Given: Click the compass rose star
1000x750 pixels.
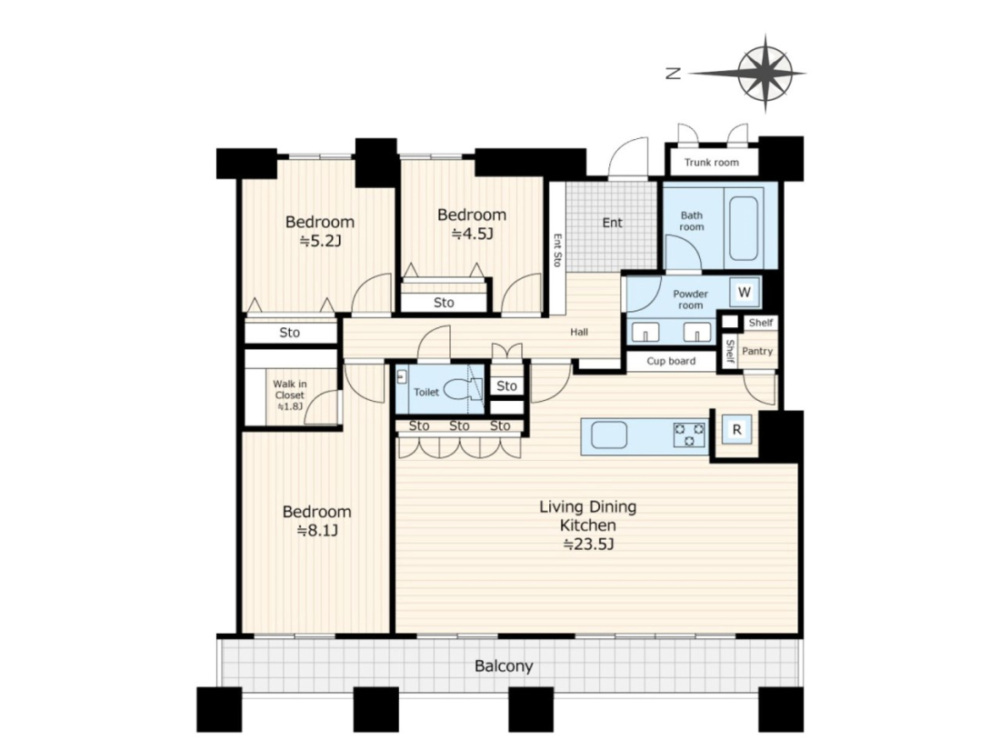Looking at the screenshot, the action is tap(765, 74).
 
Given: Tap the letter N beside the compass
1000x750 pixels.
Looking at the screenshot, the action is tap(674, 74).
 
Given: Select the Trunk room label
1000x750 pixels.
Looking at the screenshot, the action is tap(712, 162).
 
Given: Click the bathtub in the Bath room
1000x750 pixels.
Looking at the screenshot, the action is tap(744, 228).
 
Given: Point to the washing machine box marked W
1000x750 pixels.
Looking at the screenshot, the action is tap(745, 292).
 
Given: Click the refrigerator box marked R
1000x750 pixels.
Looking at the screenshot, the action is tap(736, 429).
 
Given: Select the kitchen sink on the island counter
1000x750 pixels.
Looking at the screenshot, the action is tap(609, 435).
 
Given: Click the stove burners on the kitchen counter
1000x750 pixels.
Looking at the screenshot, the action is tap(689, 435).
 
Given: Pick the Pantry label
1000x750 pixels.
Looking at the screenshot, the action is tap(757, 351).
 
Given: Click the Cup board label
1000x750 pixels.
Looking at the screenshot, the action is tap(671, 361).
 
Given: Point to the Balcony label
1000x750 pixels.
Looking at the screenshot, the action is tap(504, 666).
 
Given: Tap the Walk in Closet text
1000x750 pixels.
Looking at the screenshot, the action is tap(290, 390).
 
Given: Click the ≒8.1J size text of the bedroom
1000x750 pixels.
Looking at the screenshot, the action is tap(317, 531).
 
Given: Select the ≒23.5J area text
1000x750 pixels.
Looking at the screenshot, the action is tap(588, 545).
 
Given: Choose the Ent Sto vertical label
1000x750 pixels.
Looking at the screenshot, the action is tap(557, 250).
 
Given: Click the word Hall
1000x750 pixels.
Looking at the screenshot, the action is tap(579, 332).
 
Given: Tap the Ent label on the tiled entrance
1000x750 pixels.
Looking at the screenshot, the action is tap(612, 223).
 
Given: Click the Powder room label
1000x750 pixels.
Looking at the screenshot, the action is tap(691, 300).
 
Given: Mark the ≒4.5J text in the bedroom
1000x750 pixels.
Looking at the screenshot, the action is tap(473, 234).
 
